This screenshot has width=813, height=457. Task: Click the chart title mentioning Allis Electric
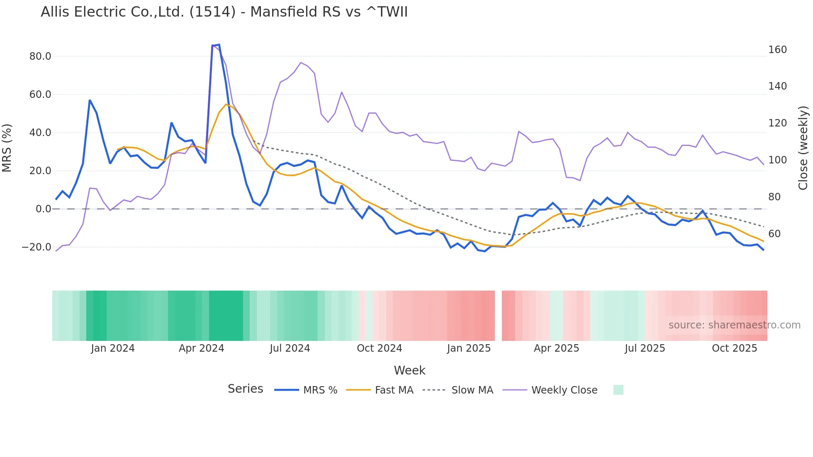pos(224,12)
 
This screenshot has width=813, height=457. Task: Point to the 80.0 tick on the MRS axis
pos(40,56)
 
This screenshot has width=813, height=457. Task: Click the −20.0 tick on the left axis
pos(37,247)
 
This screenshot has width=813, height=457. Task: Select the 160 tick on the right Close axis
pos(777,50)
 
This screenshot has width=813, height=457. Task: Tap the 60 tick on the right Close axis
pos(774,234)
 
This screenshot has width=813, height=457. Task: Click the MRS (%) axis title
pos(7,148)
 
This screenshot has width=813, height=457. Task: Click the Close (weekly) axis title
pos(803,148)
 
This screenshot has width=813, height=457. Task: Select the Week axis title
pos(409,370)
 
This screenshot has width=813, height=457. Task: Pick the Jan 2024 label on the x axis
pos(113,348)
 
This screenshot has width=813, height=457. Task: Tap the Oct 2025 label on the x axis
pos(734,348)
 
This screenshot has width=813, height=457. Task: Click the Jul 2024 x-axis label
pos(290,348)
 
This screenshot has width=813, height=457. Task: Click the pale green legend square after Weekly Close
pos(618,390)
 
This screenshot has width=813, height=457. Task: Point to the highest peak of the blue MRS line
pos(219,45)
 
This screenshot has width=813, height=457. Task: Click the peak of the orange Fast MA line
pos(226,105)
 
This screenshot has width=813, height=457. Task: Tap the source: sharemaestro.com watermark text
pos(734,325)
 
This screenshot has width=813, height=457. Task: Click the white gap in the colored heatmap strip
pos(498,316)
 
